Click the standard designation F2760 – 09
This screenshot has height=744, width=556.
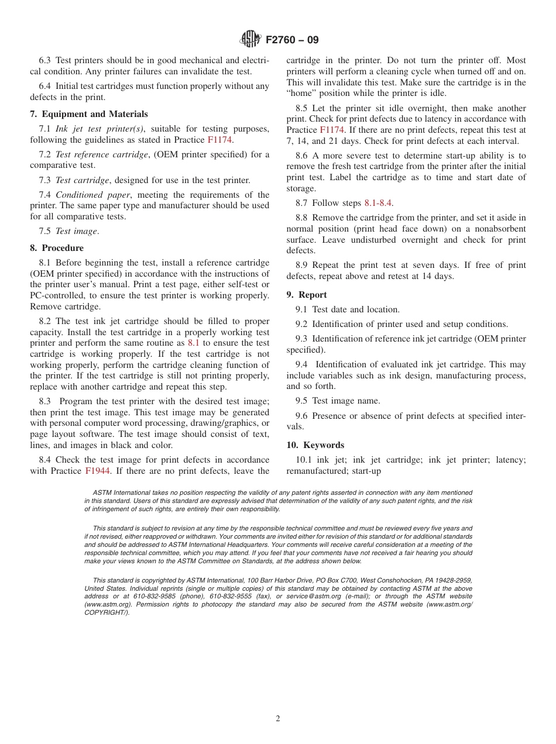click(292, 40)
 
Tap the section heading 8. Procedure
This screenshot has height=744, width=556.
click(57, 248)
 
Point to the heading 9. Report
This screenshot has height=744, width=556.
click(307, 295)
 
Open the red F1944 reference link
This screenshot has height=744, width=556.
click(97, 471)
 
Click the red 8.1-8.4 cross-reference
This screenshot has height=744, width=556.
click(378, 203)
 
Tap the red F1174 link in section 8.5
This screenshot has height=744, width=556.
click(332, 130)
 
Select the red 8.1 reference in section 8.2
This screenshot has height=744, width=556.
click(194, 343)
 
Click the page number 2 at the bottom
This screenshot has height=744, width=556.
click(278, 719)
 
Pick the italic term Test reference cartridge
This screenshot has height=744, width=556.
click(101, 154)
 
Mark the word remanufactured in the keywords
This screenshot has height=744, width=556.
click(314, 471)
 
